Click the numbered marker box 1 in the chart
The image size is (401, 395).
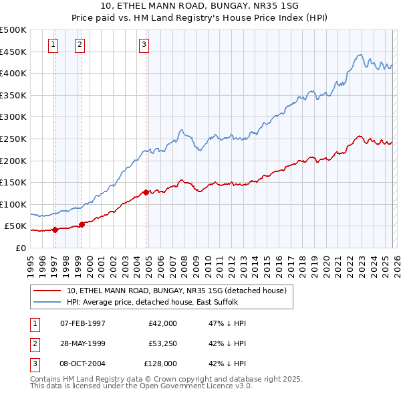tap(53, 45)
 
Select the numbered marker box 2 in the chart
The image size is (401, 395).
tap(80, 45)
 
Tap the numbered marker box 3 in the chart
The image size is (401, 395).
tap(144, 45)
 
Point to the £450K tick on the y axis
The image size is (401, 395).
tap(13, 52)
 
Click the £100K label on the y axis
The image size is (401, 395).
tap(13, 204)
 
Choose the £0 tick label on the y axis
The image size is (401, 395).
tap(20, 248)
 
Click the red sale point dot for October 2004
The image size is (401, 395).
tap(146, 192)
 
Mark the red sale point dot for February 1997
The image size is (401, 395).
tap(55, 230)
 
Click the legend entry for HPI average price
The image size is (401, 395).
tap(158, 302)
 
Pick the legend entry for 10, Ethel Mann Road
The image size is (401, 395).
tap(176, 291)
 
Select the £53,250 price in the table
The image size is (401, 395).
tap(160, 343)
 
